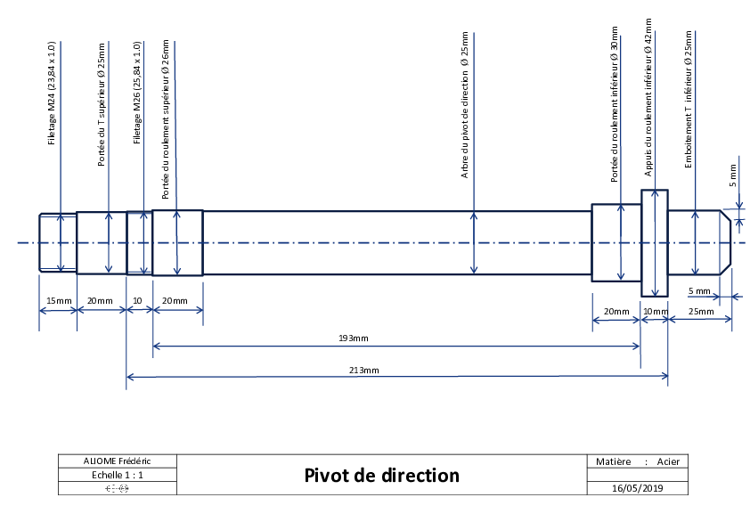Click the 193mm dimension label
click(354, 338)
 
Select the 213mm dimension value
click(364, 371)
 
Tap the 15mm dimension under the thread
click(59, 301)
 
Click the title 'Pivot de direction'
click(382, 475)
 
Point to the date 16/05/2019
click(638, 488)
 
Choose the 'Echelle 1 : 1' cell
click(118, 475)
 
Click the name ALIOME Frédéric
click(118, 461)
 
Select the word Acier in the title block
click(668, 461)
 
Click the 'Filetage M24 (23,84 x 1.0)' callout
click(52, 93)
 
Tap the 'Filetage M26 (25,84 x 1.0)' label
click(137, 93)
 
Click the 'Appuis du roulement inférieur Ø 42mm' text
click(648, 98)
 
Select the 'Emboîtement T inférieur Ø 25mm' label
click(689, 100)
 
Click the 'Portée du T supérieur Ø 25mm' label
click(101, 105)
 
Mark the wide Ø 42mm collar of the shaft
click(655, 243)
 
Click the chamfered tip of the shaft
click(726, 243)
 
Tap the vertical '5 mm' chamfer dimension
click(733, 175)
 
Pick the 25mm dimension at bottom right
click(701, 312)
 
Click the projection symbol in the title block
click(118, 488)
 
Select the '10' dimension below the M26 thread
click(137, 301)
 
